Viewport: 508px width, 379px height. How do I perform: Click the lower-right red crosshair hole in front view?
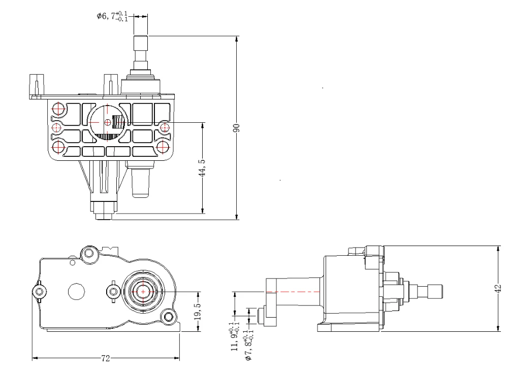click(163, 147)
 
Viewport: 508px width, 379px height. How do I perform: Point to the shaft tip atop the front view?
click(140, 41)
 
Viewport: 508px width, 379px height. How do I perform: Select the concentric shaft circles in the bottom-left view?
click(144, 292)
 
